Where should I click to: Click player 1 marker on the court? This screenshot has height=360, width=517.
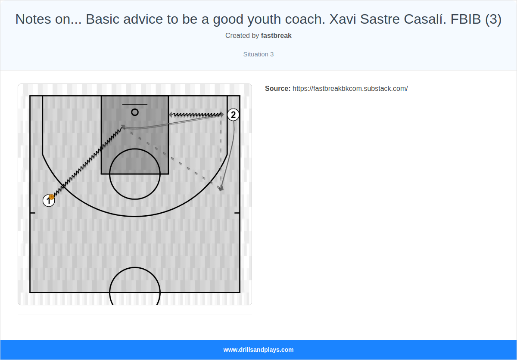coord(48,201)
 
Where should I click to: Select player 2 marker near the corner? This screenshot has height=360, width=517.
coord(233,115)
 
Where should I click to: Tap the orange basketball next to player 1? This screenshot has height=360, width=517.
coord(51,197)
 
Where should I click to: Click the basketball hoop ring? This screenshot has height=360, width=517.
coord(135,112)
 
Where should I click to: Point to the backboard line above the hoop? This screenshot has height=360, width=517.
coord(135,104)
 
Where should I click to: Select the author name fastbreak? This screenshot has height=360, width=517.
coord(276,36)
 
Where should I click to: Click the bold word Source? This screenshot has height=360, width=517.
coord(277,89)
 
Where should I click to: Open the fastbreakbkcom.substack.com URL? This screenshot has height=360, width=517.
coord(350,89)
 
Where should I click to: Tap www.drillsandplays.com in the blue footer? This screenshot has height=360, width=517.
coord(258,350)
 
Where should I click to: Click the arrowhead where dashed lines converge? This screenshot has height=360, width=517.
coord(221,188)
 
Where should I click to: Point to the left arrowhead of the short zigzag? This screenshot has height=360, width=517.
coord(171,115)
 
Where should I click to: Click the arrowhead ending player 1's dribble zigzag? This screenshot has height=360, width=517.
coord(123,127)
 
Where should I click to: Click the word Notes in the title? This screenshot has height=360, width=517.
coord(33,19)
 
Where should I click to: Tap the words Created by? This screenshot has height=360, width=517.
coord(242,36)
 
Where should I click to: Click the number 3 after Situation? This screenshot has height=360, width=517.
coord(272,54)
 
